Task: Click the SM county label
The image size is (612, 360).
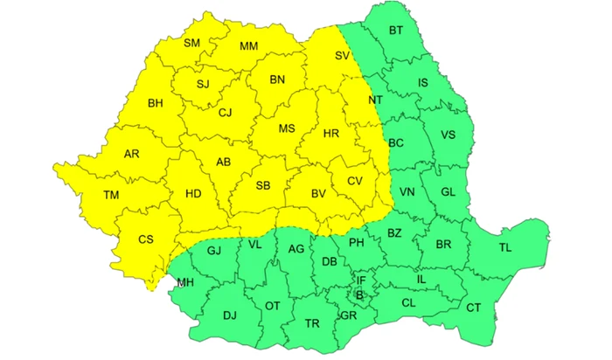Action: pos(192,44)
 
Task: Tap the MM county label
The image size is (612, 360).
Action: pos(248,45)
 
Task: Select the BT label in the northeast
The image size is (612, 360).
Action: pos(396,31)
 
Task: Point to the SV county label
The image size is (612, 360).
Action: pos(342,57)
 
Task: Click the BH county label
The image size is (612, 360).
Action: pos(156,103)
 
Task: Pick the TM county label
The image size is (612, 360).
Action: pos(111,194)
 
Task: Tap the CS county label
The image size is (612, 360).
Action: pos(146,239)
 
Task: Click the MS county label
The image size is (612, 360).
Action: pos(287,129)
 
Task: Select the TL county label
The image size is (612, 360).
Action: pos(505,247)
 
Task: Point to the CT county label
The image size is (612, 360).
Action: pos(473,307)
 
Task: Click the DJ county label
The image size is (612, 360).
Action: pos(230,315)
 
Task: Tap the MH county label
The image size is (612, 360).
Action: pos(185,282)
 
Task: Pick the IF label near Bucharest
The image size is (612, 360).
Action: pos(360,280)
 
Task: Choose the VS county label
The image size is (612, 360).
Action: pos(448,135)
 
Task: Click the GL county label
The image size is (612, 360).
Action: pos(448,192)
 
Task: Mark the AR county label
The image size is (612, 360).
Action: pos(131,154)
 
